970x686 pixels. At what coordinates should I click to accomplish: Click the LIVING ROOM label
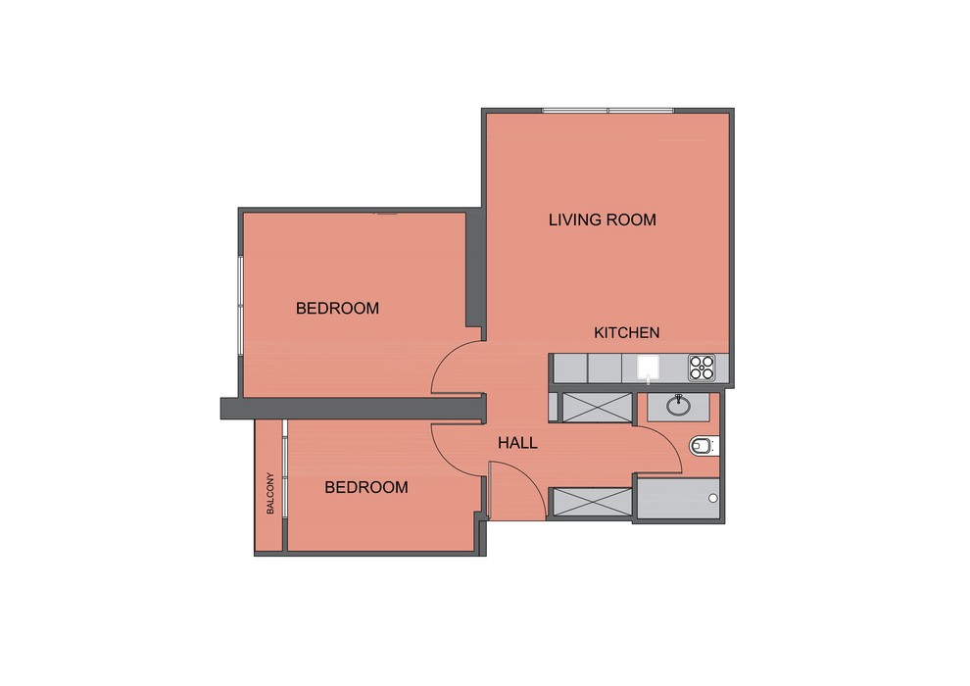point(602,220)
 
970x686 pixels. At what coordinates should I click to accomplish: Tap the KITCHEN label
point(627,333)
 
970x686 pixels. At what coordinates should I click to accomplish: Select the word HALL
point(517,443)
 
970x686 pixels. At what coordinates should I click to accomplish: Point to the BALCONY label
point(270,493)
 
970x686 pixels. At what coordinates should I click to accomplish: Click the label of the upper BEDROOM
point(337,308)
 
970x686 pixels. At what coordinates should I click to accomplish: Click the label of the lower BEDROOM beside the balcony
point(366,487)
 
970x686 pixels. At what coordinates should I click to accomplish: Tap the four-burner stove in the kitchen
point(702,367)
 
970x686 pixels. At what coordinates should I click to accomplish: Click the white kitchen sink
point(648,367)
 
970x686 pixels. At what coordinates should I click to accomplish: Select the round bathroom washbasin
point(679,405)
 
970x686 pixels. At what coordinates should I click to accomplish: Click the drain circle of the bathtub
point(712,498)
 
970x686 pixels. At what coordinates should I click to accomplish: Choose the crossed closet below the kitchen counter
point(597,408)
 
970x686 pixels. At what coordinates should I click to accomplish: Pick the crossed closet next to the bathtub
point(592,502)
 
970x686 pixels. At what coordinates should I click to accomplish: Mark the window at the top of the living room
point(608,111)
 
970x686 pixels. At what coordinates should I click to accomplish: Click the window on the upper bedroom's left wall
point(240,305)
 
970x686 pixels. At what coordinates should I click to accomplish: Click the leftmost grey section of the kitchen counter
point(569,368)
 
